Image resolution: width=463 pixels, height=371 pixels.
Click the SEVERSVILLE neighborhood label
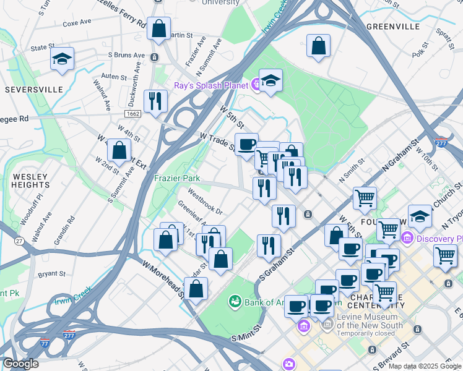click(34, 90)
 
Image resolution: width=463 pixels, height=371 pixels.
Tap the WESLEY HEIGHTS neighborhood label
click(30, 181)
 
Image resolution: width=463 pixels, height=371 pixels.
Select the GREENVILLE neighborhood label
click(393, 27)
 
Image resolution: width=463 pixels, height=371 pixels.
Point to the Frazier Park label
click(177, 178)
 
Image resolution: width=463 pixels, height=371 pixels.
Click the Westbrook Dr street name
click(205, 204)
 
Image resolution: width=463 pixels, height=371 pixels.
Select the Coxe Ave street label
click(77, 22)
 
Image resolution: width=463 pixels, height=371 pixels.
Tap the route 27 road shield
click(20, 241)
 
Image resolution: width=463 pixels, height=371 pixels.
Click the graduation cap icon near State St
click(62, 59)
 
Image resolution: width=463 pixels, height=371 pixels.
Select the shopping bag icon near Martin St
click(159, 28)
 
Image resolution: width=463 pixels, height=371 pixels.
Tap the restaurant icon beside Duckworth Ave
click(155, 101)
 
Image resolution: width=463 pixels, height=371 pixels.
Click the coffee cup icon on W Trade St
click(247, 144)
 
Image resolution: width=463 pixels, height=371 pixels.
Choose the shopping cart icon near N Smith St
click(365, 198)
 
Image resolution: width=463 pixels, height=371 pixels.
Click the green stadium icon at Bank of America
click(235, 302)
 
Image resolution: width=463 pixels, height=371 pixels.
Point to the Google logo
click(20, 363)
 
